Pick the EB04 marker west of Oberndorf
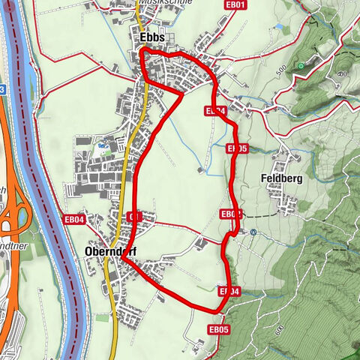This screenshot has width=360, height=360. (x=75, y=219)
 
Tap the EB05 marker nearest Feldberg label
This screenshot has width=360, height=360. (x=237, y=149)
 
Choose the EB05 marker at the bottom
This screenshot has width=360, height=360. (x=218, y=328)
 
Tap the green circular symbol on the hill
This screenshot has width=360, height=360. (x=301, y=66)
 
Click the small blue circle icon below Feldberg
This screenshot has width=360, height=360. (x=253, y=232)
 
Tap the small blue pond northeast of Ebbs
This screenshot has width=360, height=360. (x=280, y=28)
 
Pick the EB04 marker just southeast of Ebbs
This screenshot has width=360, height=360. (x=215, y=111)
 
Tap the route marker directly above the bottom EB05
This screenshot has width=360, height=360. (x=229, y=291)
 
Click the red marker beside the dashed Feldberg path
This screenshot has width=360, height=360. (x=230, y=214)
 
